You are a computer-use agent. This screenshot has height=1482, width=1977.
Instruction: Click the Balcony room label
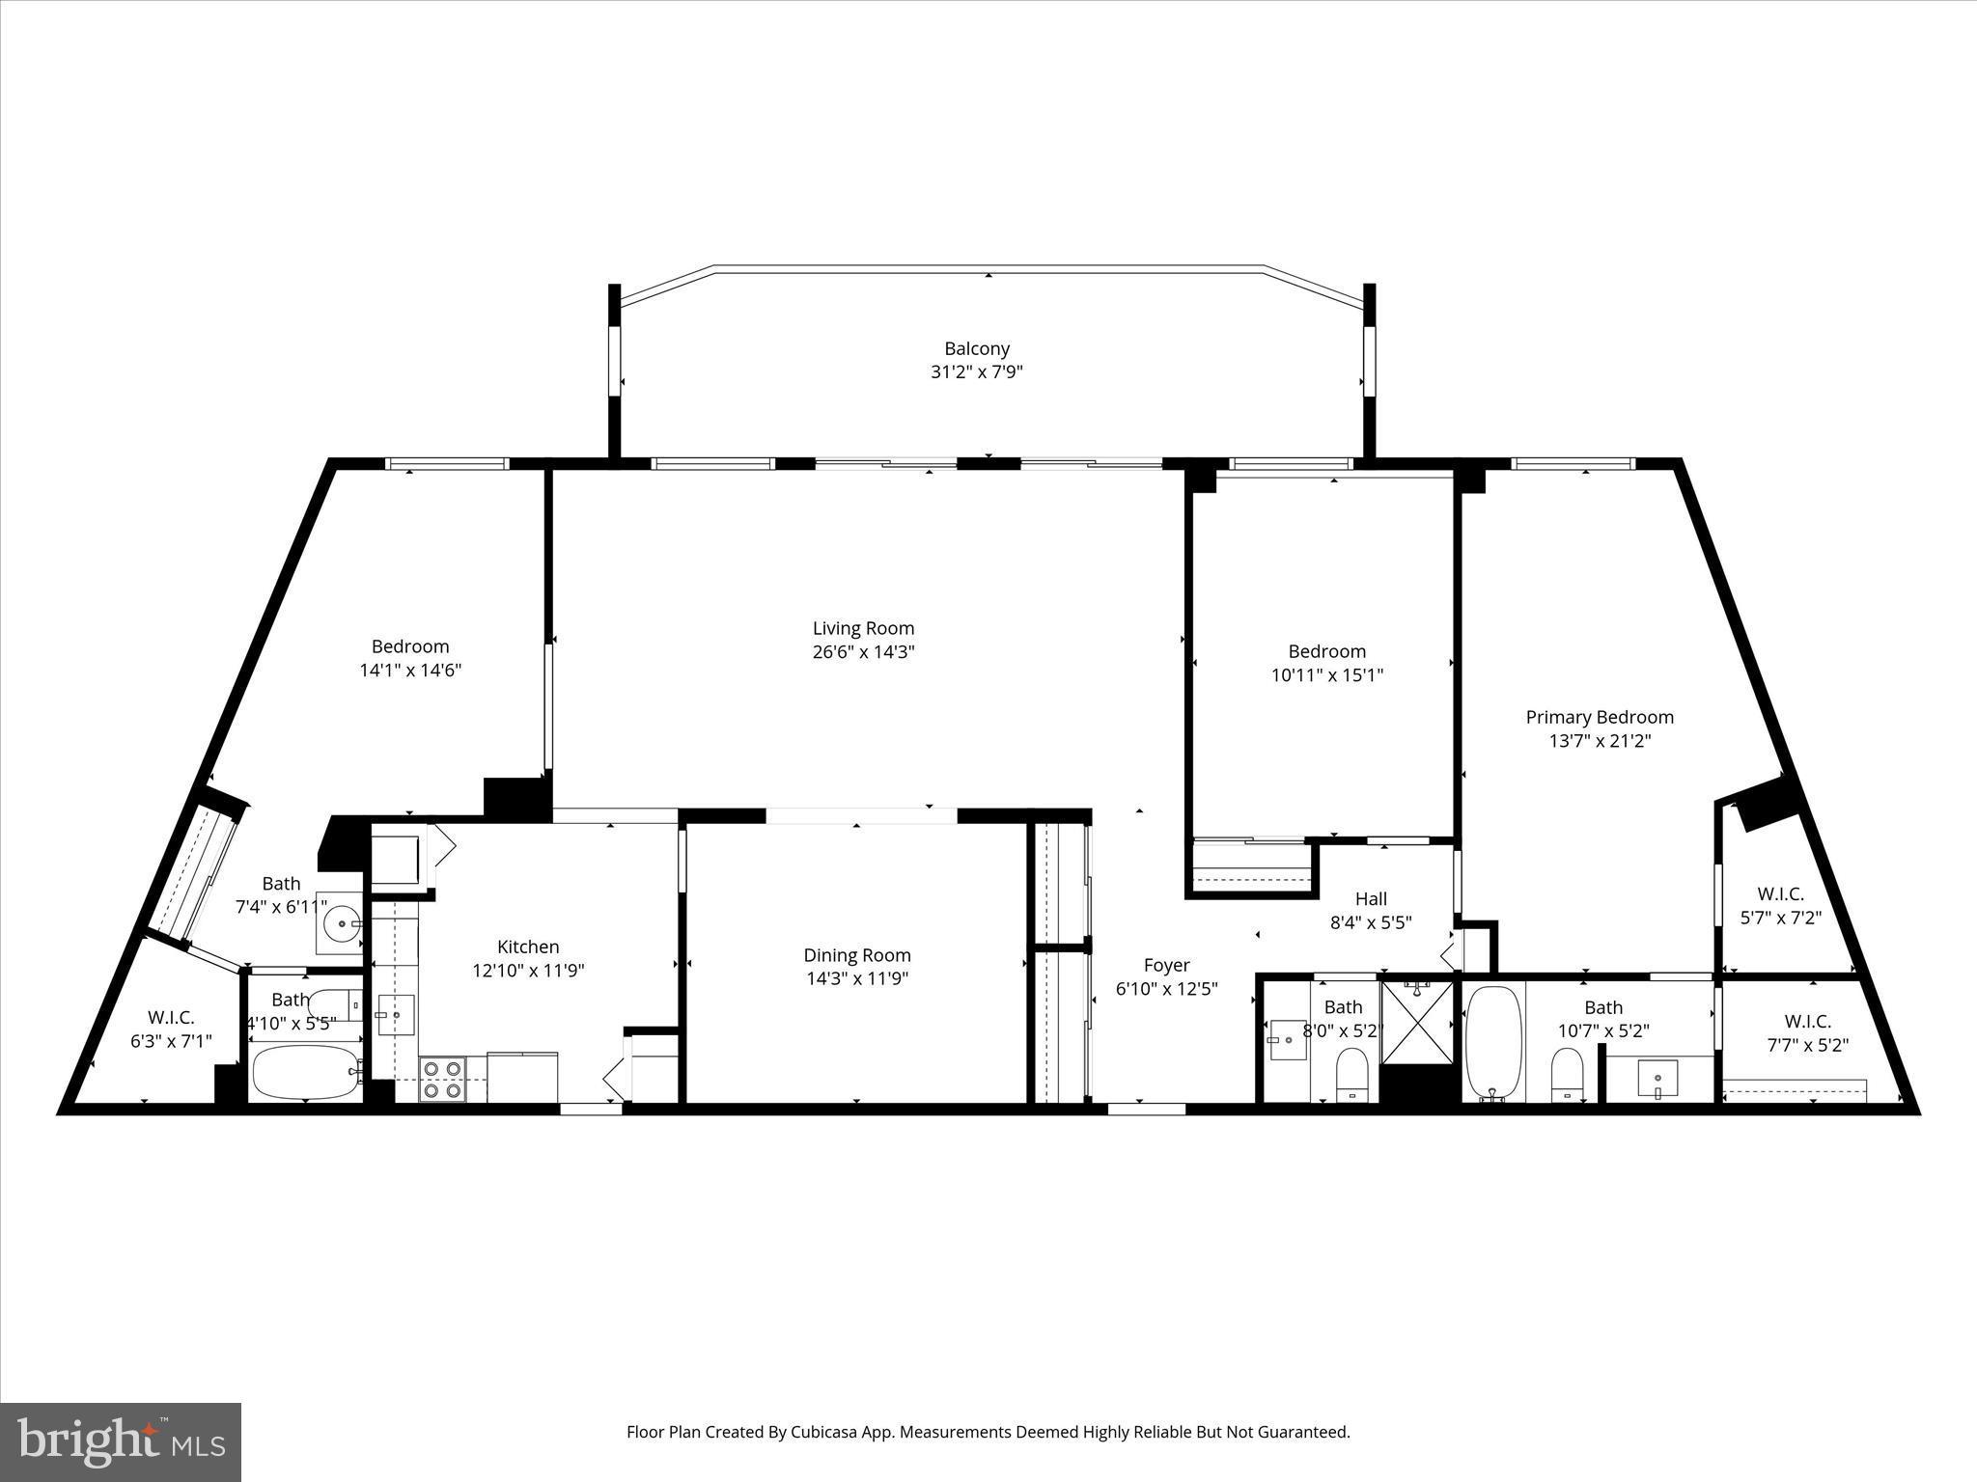[976, 348]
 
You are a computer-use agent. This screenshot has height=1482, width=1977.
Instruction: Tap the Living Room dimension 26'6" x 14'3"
[863, 652]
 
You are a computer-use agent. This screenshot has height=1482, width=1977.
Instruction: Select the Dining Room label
[856, 955]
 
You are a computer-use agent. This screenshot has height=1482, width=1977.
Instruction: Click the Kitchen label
[528, 947]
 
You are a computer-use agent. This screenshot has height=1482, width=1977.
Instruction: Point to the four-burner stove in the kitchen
[442, 1080]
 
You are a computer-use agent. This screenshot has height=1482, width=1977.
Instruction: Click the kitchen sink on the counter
[396, 1015]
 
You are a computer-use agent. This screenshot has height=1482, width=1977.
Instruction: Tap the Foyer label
[1166, 965]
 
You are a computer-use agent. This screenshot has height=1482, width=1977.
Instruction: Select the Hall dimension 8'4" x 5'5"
[1371, 922]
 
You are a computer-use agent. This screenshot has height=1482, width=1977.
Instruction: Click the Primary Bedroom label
[1599, 717]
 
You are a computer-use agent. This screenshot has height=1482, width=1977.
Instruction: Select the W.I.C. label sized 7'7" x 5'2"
[1807, 1021]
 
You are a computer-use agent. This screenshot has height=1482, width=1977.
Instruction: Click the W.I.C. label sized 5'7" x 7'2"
[1780, 894]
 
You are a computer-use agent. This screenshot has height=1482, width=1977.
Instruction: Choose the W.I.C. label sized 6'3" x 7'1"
[171, 1017]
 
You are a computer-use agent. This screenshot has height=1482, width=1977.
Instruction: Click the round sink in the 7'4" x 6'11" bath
[341, 923]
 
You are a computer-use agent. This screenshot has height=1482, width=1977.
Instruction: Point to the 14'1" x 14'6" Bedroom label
[410, 646]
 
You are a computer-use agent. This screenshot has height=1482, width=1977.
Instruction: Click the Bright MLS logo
[121, 1442]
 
